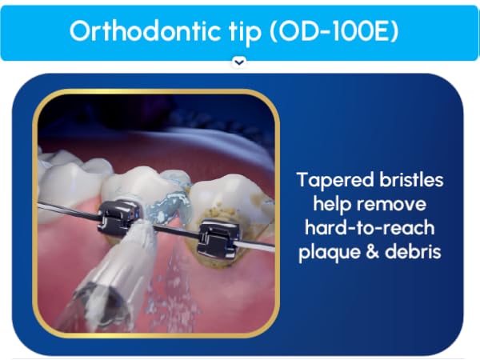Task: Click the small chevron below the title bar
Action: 238,62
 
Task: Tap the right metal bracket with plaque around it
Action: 218,237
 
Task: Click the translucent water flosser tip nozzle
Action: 112,280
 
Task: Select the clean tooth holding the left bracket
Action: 128,188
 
